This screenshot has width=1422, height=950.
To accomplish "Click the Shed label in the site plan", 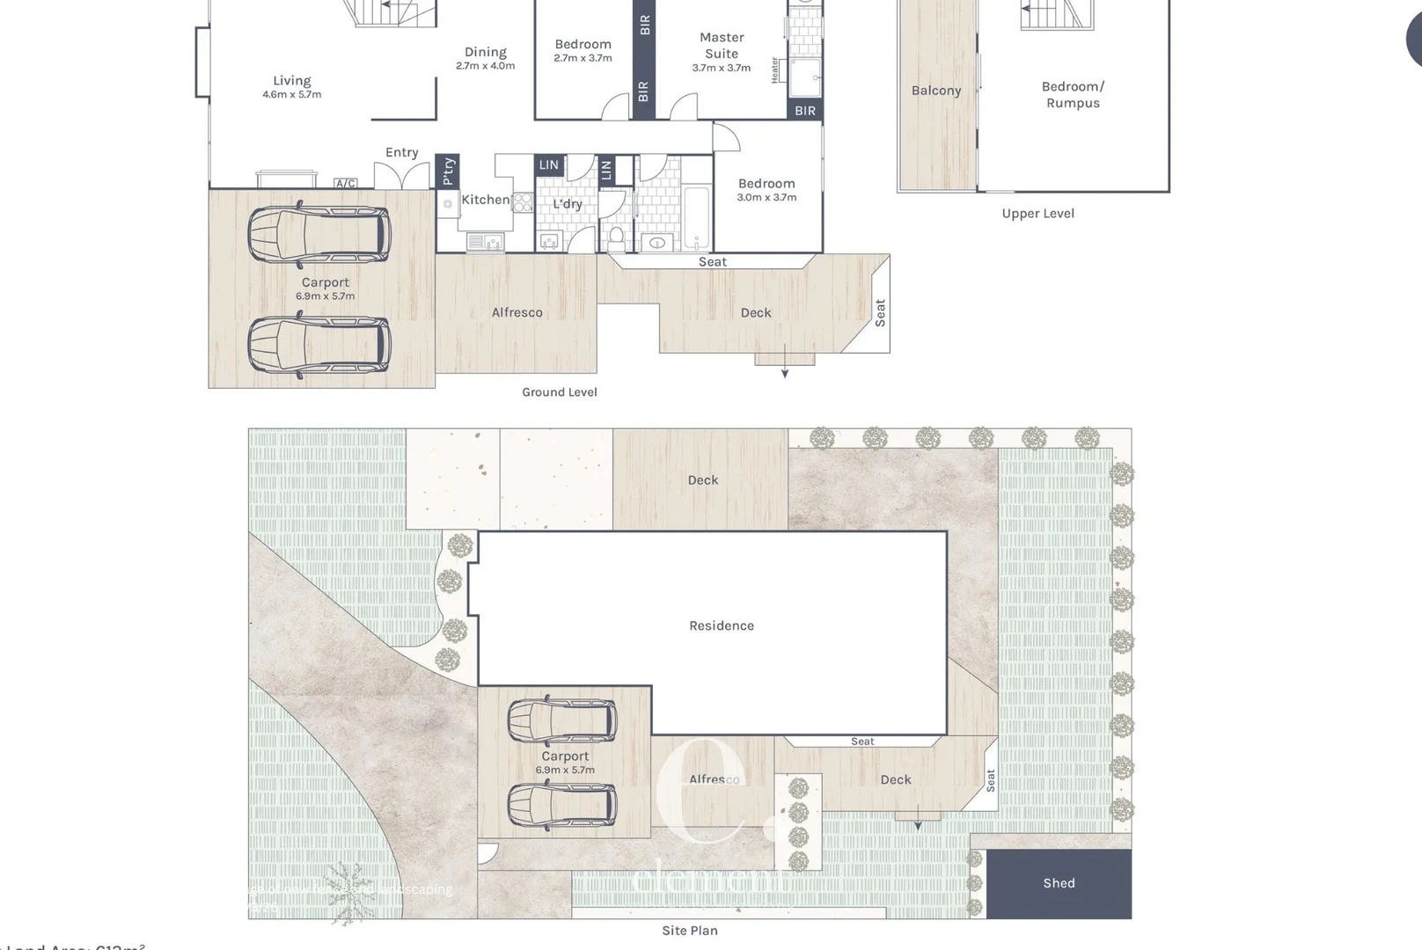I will coord(1059,883).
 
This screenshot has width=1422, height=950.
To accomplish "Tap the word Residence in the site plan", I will coord(721,626).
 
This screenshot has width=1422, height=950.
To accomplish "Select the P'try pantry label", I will coord(448,172).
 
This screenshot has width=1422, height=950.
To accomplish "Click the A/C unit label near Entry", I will coord(345,184).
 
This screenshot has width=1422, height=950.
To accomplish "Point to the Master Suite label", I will coord(722,46).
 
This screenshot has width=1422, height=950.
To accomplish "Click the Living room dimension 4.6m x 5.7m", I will coord(291,95).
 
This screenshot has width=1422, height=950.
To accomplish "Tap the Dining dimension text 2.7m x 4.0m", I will coord(485,66).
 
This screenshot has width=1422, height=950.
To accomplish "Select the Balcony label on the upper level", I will coord(935,91).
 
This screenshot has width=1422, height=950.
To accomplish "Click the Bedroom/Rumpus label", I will coord(1072,94).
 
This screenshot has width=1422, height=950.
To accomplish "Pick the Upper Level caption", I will coord(1037,214).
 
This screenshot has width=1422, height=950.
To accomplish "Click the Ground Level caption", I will coord(559,392).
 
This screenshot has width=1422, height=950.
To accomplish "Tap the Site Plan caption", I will coord(689,931).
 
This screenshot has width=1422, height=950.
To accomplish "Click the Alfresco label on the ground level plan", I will coord(517,313).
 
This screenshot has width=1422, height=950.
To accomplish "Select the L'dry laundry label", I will coord(568,204).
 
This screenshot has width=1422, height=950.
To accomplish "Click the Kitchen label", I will coord(485,201).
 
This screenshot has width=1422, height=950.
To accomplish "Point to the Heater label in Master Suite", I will coord(775,70).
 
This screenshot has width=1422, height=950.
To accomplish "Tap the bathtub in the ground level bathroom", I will coord(696,217).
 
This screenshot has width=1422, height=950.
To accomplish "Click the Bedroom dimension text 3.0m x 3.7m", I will coord(766,198).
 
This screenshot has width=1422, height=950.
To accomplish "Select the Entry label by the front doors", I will coord(401,153).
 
